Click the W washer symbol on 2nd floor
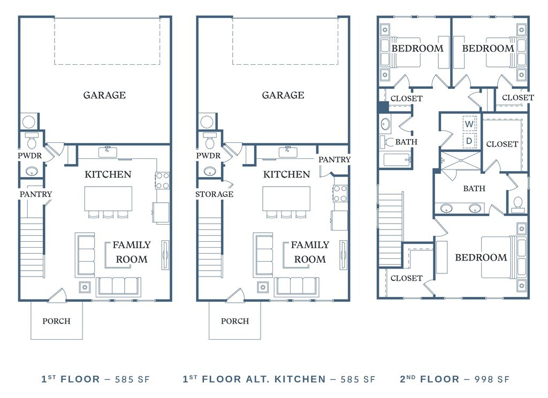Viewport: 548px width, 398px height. click(x=469, y=124)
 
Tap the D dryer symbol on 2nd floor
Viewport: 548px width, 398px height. click(x=469, y=141)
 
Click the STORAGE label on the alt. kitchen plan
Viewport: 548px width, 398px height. click(x=214, y=194)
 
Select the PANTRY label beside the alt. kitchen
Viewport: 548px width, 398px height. click(x=334, y=160)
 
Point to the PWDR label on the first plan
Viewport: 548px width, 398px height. click(x=30, y=156)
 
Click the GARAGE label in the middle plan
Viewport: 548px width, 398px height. click(x=283, y=95)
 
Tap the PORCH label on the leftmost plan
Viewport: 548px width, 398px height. click(x=57, y=321)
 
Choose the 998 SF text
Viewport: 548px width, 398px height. click(x=492, y=379)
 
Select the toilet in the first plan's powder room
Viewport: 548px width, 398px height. click(x=32, y=140)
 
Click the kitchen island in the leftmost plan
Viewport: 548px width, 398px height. click(x=108, y=198)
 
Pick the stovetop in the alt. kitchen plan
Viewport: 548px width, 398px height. click(x=340, y=194)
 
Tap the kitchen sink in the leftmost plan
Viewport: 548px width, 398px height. click(x=108, y=152)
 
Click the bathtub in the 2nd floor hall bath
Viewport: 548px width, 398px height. click(x=397, y=160)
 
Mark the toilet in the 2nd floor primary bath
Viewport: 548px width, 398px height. click(x=518, y=205)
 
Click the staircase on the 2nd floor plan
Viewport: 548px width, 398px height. click(x=391, y=230)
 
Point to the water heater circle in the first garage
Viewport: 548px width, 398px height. click(x=29, y=122)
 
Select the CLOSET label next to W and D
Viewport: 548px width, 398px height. click(x=502, y=144)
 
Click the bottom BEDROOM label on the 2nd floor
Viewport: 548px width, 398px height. click(x=481, y=258)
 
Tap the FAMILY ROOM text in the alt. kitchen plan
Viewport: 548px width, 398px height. click(x=310, y=252)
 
